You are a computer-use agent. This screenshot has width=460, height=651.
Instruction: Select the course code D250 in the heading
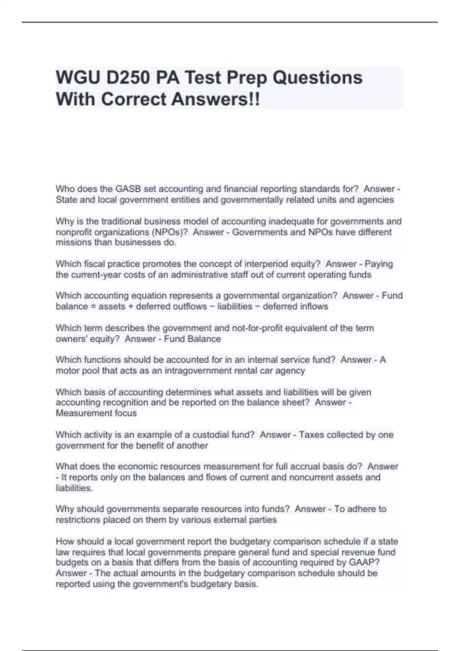click(128, 78)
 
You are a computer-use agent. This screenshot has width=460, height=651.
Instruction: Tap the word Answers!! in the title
click(215, 99)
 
